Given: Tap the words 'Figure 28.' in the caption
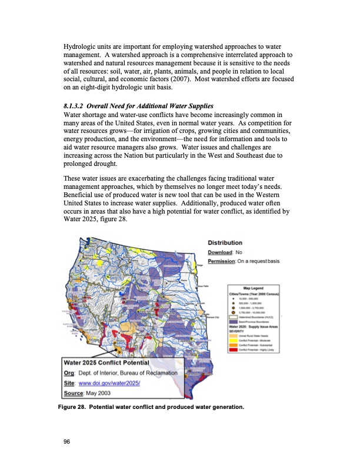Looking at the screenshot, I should coord(78,407).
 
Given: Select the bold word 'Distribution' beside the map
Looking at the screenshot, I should coord(225,242).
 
